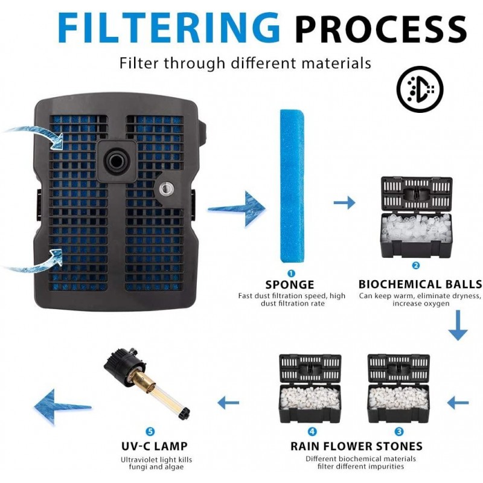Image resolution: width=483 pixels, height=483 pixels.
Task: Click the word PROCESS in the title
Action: tap(382, 28)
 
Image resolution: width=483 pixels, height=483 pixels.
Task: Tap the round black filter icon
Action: tap(420, 89)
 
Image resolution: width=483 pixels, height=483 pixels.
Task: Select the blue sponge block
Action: tap(292, 186)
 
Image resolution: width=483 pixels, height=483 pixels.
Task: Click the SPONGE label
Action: tap(290, 284)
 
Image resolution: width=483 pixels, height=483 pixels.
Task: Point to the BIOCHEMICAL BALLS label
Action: tap(420, 284)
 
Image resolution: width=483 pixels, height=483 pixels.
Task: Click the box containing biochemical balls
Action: tap(416, 217)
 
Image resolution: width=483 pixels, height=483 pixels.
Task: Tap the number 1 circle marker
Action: tap(291, 273)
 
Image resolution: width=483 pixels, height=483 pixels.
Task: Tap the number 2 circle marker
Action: tap(416, 266)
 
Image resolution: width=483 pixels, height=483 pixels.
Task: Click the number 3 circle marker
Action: tap(399, 432)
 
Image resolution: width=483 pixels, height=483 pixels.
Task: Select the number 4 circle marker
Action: tap(312, 432)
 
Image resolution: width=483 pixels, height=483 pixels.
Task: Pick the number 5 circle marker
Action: tap(150, 432)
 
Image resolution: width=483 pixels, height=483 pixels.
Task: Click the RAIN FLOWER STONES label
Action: tap(356, 447)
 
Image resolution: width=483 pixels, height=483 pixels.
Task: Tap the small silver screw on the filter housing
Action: tap(164, 189)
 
